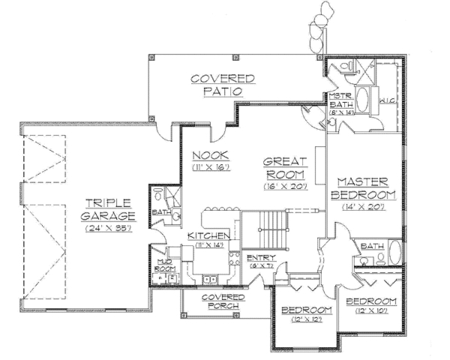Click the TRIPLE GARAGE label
(x=109, y=208)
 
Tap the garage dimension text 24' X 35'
(x=109, y=228)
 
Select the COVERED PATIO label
(x=221, y=84)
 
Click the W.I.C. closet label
(x=388, y=99)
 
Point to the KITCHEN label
(x=208, y=235)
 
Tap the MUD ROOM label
(x=164, y=264)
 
